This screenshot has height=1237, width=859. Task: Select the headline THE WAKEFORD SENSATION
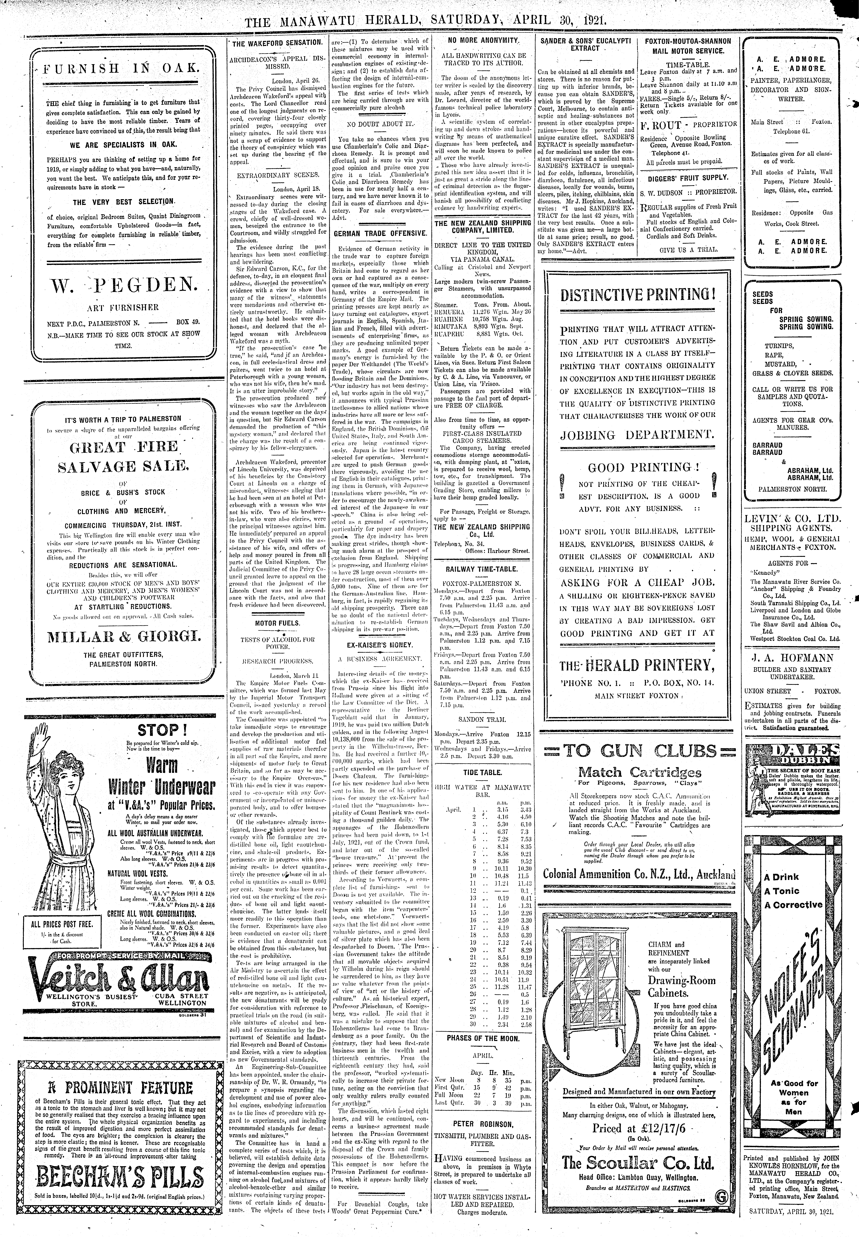tap(277, 42)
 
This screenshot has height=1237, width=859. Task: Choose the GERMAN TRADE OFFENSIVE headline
tap(380, 234)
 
